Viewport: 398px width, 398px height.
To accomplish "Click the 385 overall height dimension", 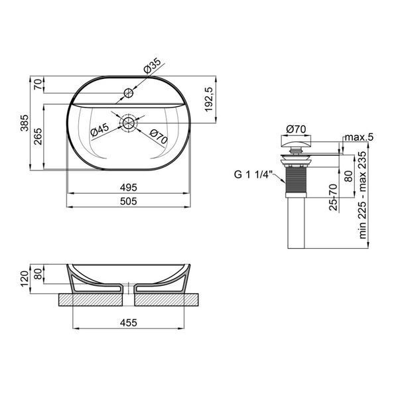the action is [25, 123].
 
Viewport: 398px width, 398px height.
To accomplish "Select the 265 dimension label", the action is [38, 137].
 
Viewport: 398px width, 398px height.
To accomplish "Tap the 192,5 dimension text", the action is [208, 99].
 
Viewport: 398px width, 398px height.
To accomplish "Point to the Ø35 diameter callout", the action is [152, 66].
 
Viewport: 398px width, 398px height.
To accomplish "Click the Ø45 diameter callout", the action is [99, 129].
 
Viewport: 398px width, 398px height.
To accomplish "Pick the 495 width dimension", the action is [129, 188].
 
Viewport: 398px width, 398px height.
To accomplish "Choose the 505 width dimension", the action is [129, 201].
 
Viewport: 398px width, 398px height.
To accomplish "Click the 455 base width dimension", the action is [129, 322].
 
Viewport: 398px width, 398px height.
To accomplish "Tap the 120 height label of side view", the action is [25, 279].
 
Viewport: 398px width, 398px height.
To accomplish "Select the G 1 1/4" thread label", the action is [253, 174].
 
